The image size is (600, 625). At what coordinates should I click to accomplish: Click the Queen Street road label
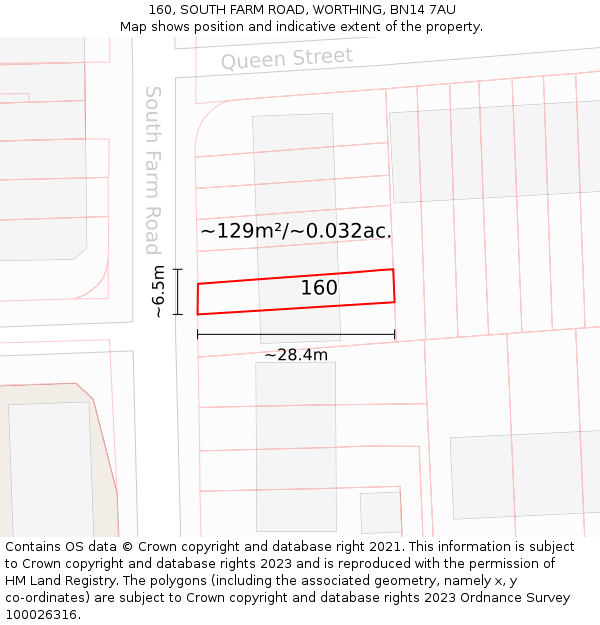[287, 59]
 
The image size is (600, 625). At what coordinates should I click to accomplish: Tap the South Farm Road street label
[153, 170]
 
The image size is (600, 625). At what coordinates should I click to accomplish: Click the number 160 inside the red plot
[319, 288]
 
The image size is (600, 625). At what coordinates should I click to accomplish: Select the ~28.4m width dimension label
[296, 354]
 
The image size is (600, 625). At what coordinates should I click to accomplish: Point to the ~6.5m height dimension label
[158, 292]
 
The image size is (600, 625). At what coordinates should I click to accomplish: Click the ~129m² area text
[241, 231]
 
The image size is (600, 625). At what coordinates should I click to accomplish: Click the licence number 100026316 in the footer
[42, 615]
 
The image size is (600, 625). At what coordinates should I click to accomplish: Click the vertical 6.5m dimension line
[178, 292]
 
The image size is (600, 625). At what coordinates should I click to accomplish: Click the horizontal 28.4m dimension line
[296, 334]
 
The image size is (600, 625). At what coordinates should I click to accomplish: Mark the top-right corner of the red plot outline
[393, 269]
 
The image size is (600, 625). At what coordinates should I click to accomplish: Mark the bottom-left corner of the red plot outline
[198, 314]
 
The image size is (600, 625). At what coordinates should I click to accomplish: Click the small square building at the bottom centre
[380, 512]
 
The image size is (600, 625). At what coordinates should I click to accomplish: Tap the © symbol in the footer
[127, 547]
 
